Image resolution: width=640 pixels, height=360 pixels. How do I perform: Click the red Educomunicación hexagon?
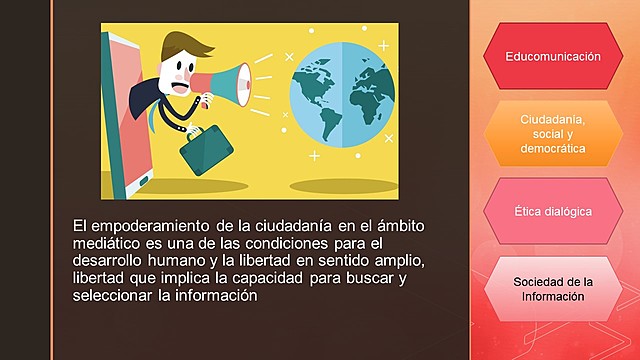553,56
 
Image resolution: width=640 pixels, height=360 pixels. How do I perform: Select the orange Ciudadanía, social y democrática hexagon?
553,134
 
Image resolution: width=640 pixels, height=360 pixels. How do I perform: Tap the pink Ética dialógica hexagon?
553,212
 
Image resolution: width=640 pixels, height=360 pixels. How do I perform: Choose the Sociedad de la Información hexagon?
553,289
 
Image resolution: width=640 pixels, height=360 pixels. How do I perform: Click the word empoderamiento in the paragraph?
153,226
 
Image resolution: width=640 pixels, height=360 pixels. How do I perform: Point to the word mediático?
107,244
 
